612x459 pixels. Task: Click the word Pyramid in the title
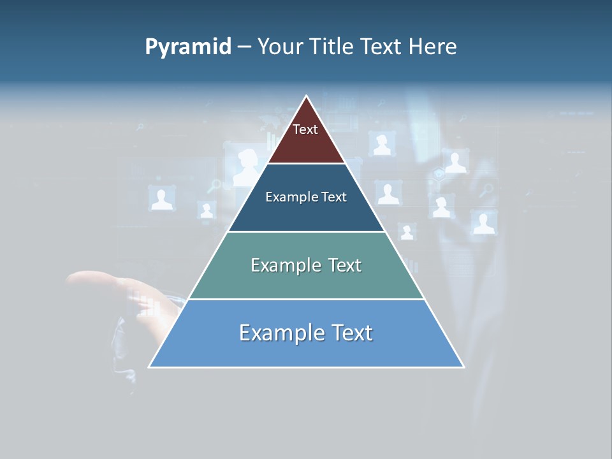(187, 47)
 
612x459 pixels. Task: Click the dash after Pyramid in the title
(244, 47)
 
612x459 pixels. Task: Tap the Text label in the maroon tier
(305, 129)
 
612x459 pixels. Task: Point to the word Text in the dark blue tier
(335, 197)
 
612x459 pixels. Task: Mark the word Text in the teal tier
(346, 265)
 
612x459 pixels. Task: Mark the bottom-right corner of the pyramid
(463, 366)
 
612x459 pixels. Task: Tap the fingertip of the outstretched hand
(71, 279)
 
